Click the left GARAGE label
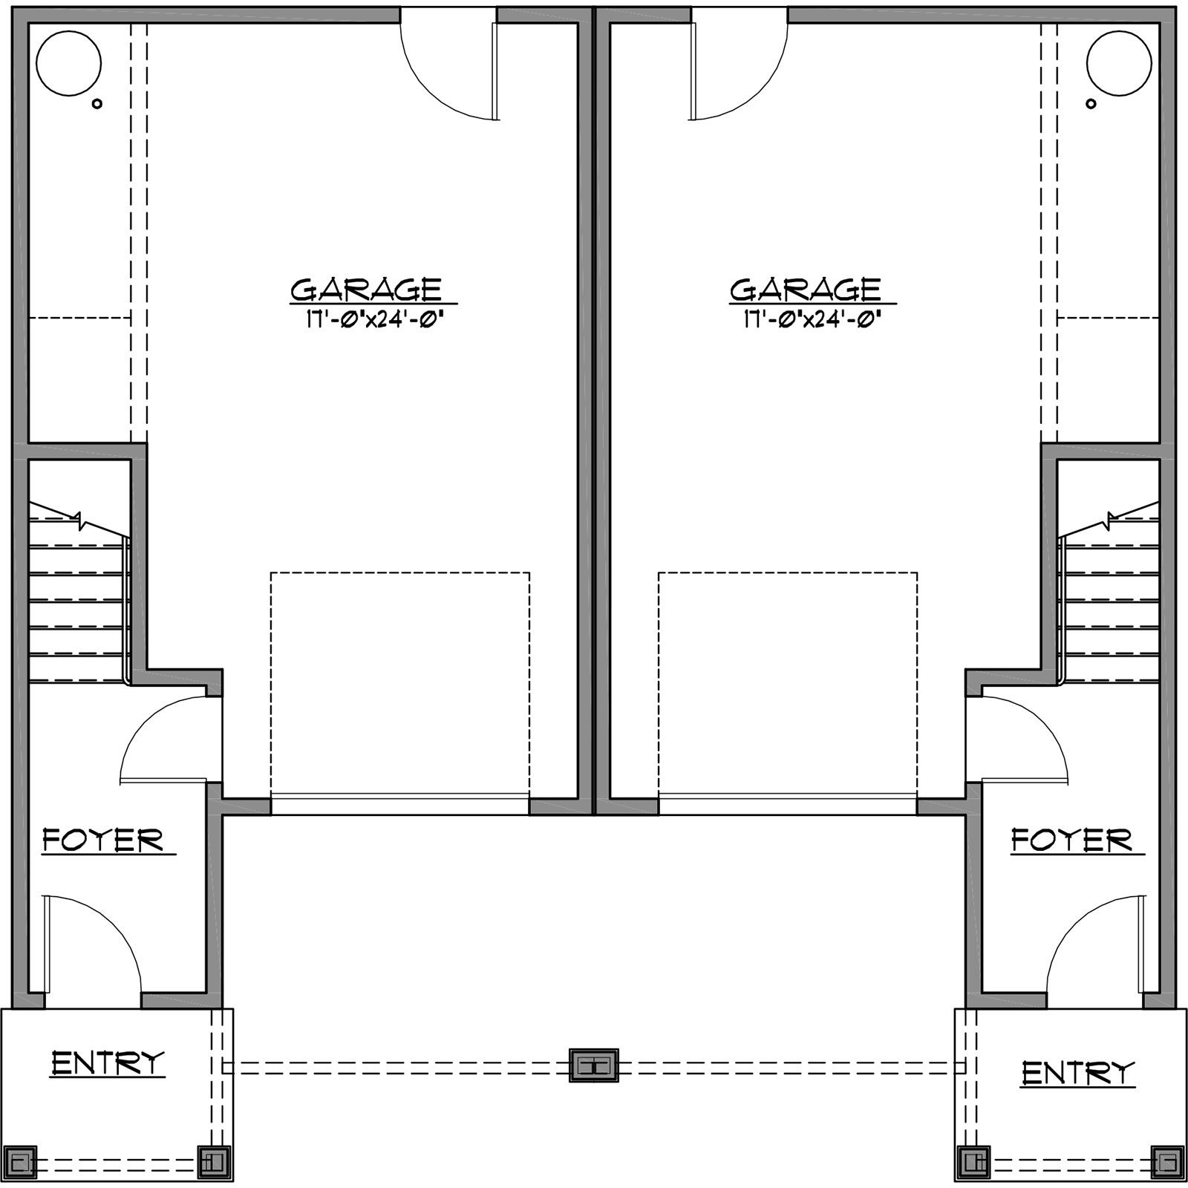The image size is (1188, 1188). [x=366, y=289]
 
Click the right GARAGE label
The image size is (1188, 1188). [x=806, y=289]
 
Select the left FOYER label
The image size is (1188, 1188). [x=103, y=841]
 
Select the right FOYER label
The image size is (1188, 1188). [x=1071, y=841]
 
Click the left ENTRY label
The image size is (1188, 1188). [x=108, y=1063]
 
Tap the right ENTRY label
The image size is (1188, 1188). [x=1079, y=1073]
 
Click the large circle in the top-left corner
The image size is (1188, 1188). [x=68, y=63]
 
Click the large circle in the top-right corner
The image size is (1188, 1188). [x=1119, y=63]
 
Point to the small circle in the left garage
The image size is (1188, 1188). [x=97, y=104]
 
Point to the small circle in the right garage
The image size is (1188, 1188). [x=1091, y=104]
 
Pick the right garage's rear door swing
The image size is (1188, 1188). [x=735, y=71]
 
